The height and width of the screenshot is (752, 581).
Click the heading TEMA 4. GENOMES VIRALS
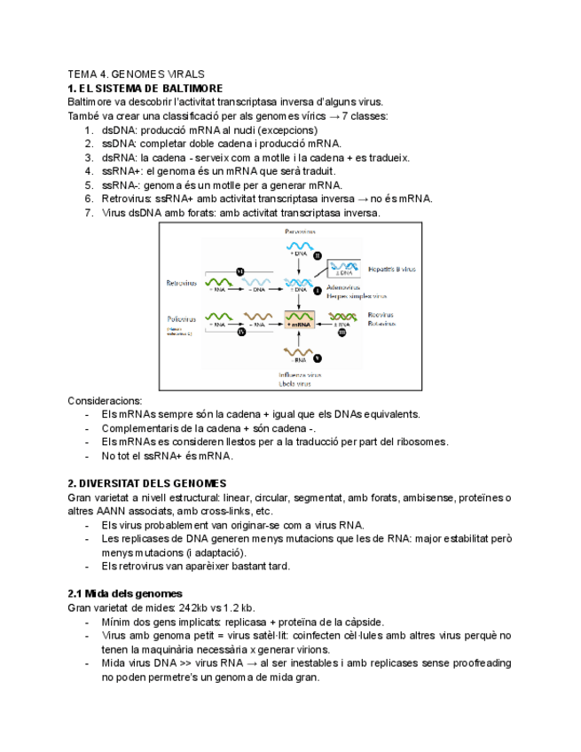(136, 74)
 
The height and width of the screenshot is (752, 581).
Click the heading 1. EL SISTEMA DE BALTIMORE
(145, 89)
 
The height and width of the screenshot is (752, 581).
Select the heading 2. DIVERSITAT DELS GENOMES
(147, 483)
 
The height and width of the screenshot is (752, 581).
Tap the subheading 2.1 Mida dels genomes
(125, 593)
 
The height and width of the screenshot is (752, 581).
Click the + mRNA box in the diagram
(300, 325)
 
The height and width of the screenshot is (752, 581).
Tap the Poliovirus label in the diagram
(181, 317)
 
